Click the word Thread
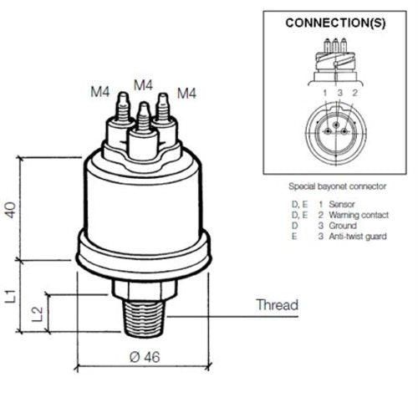coord(278,304)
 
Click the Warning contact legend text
coord(354,215)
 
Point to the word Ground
coord(339,226)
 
